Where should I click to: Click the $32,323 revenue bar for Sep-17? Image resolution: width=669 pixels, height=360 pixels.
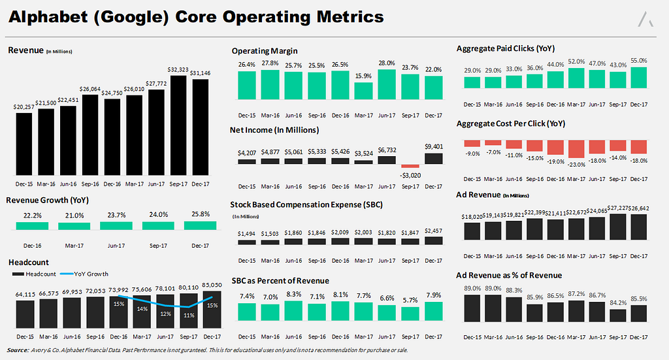click(179, 124)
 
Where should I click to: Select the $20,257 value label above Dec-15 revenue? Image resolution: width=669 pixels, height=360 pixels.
click(24, 107)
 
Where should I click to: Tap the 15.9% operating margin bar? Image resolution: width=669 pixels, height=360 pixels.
click(363, 91)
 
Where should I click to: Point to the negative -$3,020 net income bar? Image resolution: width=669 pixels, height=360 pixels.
click(410, 167)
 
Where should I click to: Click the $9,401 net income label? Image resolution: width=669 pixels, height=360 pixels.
click(433, 147)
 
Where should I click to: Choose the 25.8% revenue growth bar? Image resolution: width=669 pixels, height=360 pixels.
click(200, 225)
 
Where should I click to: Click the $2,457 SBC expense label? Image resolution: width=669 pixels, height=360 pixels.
click(433, 231)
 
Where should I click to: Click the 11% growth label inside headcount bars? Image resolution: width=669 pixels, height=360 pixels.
click(188, 316)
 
